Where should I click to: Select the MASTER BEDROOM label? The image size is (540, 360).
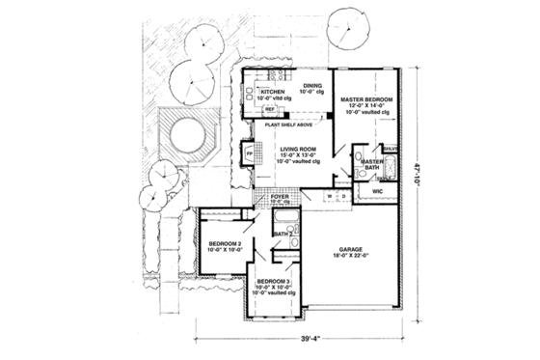[x=365, y=98]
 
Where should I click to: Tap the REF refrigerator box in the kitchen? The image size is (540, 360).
[x=271, y=109]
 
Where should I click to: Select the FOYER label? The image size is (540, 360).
[x=281, y=197]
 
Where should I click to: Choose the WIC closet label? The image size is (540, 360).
[x=378, y=192]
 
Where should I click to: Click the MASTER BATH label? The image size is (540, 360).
[x=373, y=165]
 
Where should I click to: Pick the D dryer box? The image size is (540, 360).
[x=344, y=196]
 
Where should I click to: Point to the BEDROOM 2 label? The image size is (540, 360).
[x=224, y=244]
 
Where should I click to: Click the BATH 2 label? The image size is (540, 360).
[x=283, y=235]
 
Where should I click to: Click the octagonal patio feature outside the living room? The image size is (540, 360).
[x=181, y=132]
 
